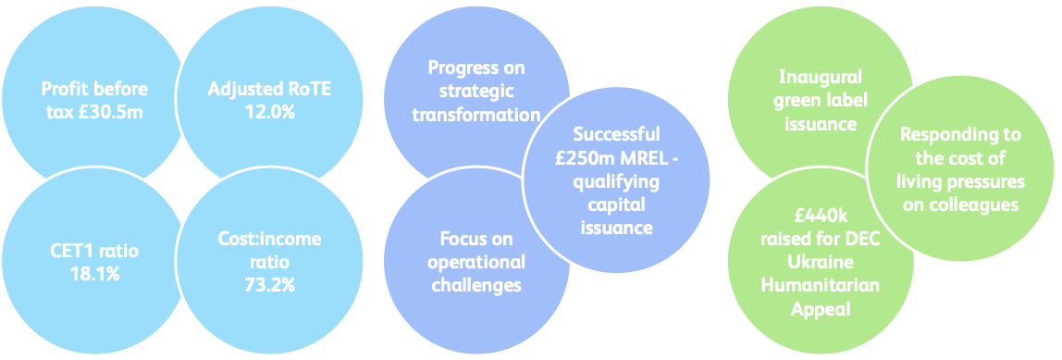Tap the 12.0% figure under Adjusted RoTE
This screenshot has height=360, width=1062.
(269, 112)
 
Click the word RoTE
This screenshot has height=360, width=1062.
(309, 90)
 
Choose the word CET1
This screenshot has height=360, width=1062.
(70, 250)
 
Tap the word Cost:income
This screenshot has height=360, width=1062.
(263, 240)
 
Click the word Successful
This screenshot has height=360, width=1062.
(615, 134)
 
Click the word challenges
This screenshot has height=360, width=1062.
(475, 284)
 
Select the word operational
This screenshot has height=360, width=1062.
(475, 262)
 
